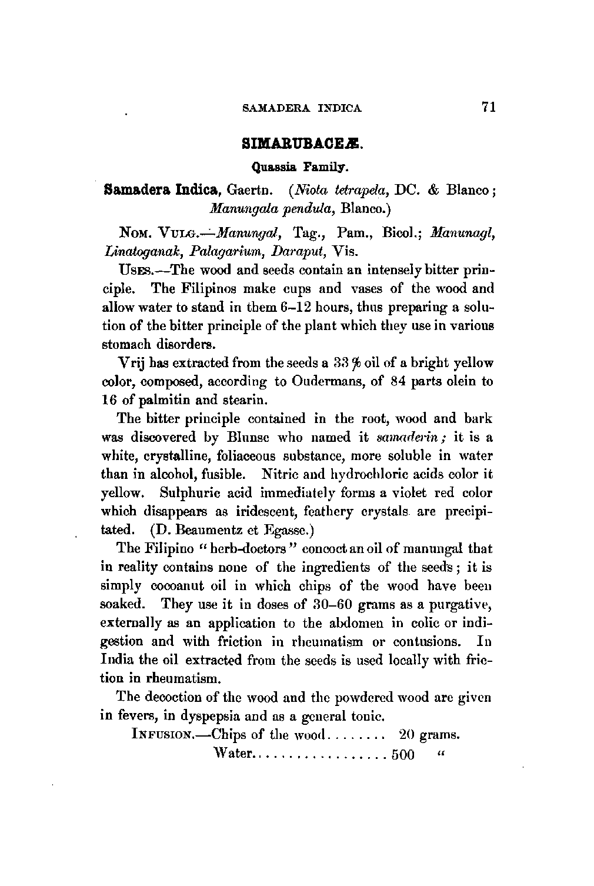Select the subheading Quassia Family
click(x=301, y=167)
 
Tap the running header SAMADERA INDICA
click(x=302, y=108)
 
